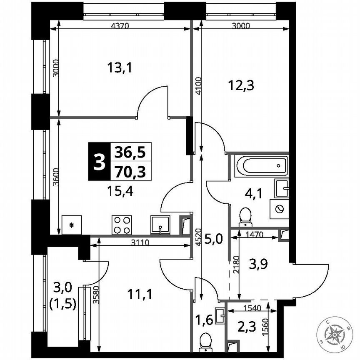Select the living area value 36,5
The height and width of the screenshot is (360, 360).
(x=130, y=152)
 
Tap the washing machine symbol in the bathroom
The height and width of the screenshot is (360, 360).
(x=279, y=209)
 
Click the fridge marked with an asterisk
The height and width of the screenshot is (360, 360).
(x=72, y=225)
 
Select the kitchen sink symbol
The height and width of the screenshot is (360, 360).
(x=160, y=225)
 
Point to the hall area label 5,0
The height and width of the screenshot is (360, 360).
(x=214, y=239)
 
